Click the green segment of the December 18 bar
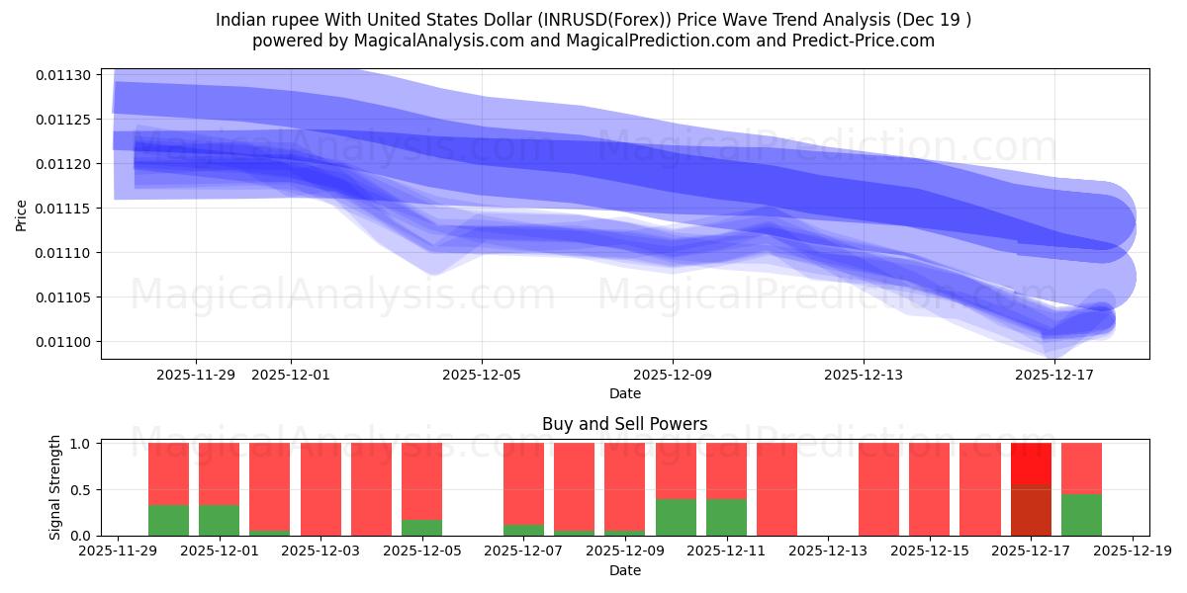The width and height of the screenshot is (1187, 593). [x=1081, y=515]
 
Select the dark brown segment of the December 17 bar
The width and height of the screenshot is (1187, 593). [x=1031, y=510]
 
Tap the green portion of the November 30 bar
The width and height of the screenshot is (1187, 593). [x=168, y=520]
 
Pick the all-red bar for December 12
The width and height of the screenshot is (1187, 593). [x=776, y=489]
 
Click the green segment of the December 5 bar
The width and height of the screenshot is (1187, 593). [x=421, y=528]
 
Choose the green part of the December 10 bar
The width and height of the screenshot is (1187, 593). [x=676, y=517]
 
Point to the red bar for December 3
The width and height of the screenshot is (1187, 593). [x=320, y=489]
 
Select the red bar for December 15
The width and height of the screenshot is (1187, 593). [x=929, y=489]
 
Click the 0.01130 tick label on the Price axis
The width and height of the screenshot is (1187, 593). [x=64, y=75]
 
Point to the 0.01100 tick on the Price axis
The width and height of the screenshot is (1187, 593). [x=64, y=342]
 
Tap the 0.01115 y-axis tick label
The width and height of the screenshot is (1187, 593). [x=64, y=209]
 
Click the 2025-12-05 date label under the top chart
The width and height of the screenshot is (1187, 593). [x=482, y=375]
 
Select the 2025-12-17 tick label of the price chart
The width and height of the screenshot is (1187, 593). [x=1054, y=375]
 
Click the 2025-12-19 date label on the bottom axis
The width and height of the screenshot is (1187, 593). [x=1132, y=552]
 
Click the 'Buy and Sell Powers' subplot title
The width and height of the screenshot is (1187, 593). [x=624, y=424]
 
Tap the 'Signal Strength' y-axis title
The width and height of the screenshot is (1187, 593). [x=55, y=487]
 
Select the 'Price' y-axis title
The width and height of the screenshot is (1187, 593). [x=22, y=213]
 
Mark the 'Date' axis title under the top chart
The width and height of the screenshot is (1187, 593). [x=624, y=393]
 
